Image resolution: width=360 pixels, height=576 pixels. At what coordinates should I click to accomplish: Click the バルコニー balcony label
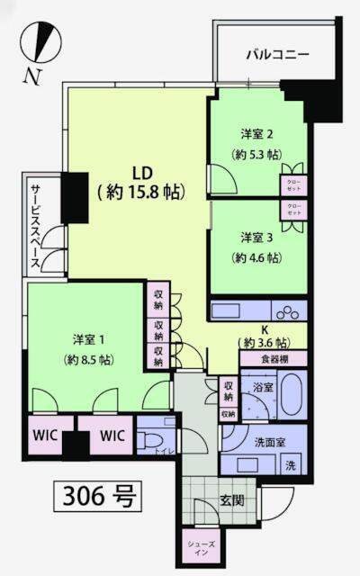pyautogui.click(x=278, y=55)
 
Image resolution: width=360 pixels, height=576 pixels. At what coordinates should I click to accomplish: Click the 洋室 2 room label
pyautogui.click(x=257, y=134)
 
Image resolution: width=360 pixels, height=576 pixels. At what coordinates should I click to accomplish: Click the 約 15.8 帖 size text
pyautogui.click(x=140, y=192)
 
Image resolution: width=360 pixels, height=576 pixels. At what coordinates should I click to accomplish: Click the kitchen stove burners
pyautogui.click(x=289, y=312)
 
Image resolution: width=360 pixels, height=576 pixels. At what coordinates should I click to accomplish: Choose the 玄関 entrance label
pyautogui.click(x=233, y=499)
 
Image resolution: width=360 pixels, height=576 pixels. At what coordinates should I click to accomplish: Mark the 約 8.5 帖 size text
pyautogui.click(x=90, y=359)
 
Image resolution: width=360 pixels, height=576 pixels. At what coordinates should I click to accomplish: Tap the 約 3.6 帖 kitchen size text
pyautogui.click(x=265, y=343)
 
